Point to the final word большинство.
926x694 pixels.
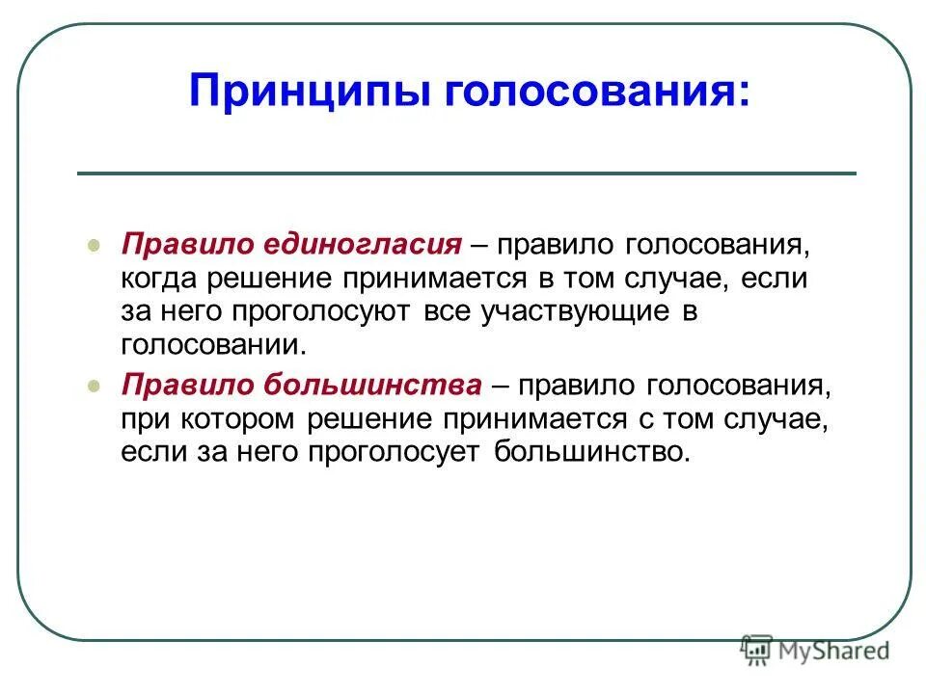pyautogui.click(x=592, y=451)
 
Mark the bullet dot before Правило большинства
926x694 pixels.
pyautogui.click(x=94, y=386)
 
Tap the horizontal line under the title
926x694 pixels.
pyautogui.click(x=466, y=173)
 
